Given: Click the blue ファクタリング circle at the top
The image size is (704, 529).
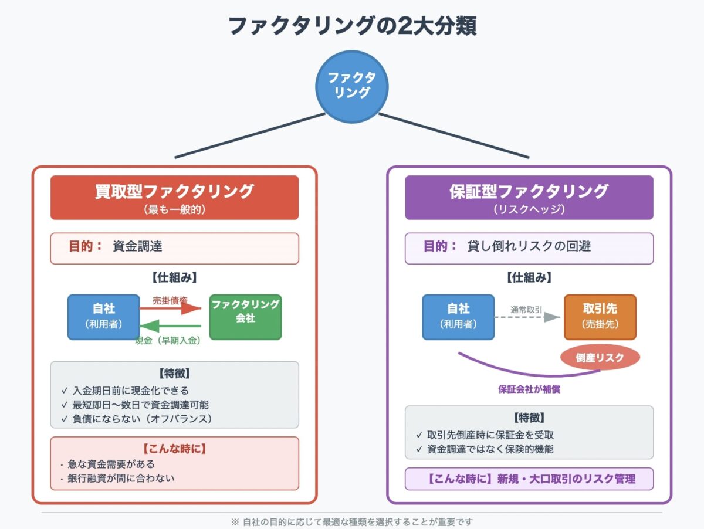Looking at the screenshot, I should (352, 86).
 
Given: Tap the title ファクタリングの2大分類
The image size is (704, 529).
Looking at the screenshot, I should (351, 25).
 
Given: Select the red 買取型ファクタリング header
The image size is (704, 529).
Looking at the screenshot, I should (174, 198).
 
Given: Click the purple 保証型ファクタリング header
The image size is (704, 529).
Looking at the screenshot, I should (529, 198).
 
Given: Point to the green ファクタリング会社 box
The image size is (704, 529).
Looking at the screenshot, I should (245, 317).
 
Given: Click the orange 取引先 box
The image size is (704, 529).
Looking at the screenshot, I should (600, 317).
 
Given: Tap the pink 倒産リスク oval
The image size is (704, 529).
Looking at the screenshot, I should (600, 357).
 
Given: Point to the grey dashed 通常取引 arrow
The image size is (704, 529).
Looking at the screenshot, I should (527, 317).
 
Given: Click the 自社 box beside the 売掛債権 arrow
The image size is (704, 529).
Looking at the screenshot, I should (104, 317).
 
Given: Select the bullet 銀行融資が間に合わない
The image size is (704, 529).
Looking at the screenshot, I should (121, 478).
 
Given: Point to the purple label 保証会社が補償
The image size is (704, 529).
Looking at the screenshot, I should (529, 389).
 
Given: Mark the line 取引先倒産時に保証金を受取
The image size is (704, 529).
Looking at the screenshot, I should (490, 435).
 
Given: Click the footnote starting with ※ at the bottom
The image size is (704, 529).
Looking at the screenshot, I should (352, 521).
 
